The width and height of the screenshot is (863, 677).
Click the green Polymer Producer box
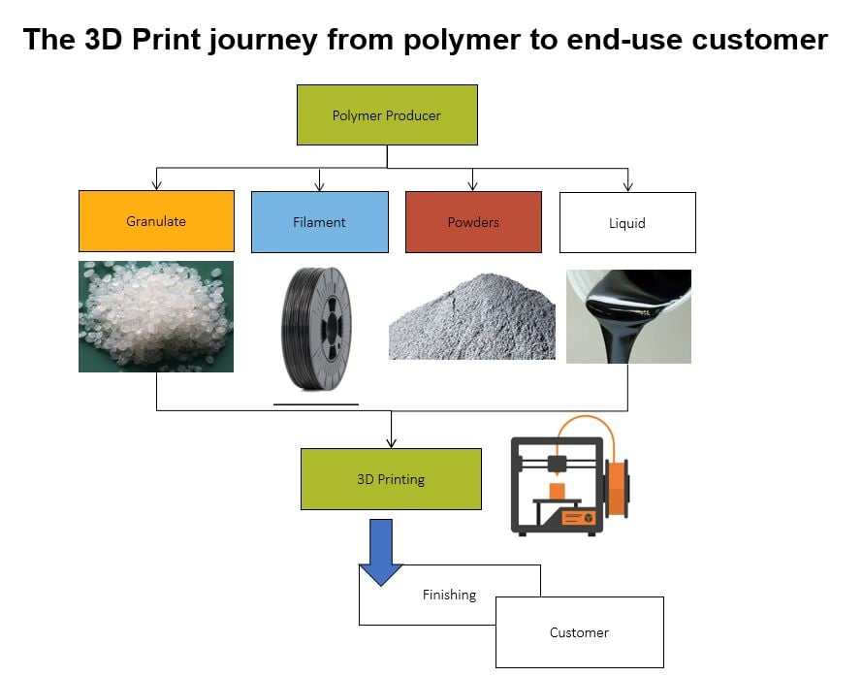click(387, 115)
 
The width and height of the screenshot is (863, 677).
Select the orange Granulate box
click(156, 221)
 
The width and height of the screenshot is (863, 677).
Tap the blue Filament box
click(319, 222)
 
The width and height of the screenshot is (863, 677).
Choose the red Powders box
click(473, 222)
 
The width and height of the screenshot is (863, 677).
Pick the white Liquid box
click(627, 222)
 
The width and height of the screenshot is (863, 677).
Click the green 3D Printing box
click(391, 479)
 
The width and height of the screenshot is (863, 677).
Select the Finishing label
click(449, 595)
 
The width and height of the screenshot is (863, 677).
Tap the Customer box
click(579, 632)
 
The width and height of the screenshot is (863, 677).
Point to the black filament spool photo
click(317, 329)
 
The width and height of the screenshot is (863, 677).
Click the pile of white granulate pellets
click(155, 315)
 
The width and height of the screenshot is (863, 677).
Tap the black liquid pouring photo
click(628, 316)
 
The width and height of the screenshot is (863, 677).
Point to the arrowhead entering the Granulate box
click(156, 185)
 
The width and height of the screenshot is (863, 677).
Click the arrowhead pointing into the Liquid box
click(627, 186)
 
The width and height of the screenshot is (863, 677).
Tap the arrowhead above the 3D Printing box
click(391, 443)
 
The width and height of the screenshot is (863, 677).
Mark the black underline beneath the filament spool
click(316, 403)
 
